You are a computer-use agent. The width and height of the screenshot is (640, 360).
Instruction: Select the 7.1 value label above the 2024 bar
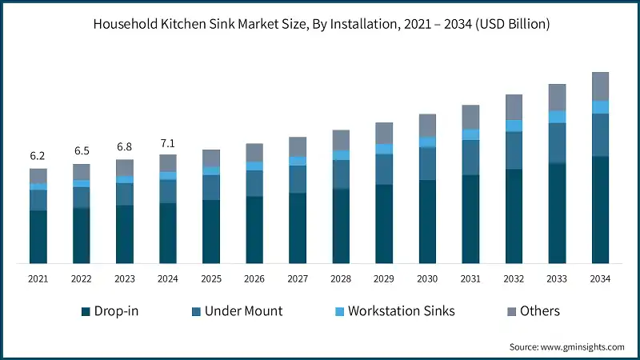pyautogui.click(x=167, y=144)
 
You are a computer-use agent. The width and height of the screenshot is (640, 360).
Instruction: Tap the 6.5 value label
pyautogui.click(x=81, y=151)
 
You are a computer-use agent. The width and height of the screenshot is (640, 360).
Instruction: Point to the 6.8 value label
pyautogui.click(x=124, y=147)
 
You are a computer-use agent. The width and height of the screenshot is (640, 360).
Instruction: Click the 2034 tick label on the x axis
pyautogui.click(x=600, y=278)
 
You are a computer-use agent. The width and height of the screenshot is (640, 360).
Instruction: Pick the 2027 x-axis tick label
pyautogui.click(x=298, y=278)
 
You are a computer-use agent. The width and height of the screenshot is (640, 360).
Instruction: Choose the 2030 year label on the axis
pyautogui.click(x=427, y=278)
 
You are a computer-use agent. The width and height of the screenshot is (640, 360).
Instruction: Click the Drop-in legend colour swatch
pyautogui.click(x=86, y=311)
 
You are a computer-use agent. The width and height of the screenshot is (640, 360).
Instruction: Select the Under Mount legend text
pyautogui.click(x=244, y=311)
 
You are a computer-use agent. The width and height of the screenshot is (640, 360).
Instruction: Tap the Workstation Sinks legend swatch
pyautogui.click(x=338, y=311)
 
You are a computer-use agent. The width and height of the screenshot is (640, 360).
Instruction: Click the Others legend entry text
pyautogui.click(x=540, y=311)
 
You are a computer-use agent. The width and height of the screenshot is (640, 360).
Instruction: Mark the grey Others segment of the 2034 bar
pyautogui.click(x=600, y=86)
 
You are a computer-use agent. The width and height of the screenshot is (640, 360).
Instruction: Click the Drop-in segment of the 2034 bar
pyautogui.click(x=600, y=210)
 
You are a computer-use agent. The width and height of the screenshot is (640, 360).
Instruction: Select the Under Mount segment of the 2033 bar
pyautogui.click(x=557, y=143)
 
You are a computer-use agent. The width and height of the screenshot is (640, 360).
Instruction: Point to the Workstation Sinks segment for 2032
pyautogui.click(x=514, y=126)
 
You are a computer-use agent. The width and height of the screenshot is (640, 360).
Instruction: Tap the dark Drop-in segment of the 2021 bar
pyautogui.click(x=38, y=237)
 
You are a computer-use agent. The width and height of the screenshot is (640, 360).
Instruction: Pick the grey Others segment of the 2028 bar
pyautogui.click(x=341, y=140)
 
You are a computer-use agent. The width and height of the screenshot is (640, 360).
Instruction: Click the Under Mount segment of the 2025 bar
pyautogui.click(x=211, y=187)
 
